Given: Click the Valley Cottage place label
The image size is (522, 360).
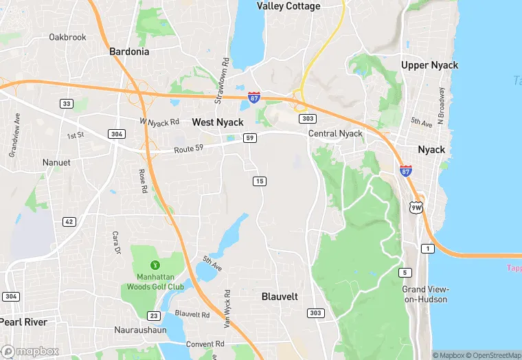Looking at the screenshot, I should tap(288, 6).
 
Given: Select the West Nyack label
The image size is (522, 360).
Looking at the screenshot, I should tap(217, 122).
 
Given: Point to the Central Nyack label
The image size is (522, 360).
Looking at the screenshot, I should tap(335, 133).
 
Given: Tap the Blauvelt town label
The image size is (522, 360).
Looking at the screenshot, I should tap(280, 297).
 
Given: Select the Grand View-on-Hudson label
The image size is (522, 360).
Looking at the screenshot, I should tap(424, 294).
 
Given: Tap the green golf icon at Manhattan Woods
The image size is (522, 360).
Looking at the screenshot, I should tap(155, 265).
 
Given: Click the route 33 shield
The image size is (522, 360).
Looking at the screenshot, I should tap(67, 104).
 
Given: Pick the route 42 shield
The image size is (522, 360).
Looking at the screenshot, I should tap(69, 221).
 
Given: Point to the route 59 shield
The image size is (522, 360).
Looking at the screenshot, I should tap(250, 138).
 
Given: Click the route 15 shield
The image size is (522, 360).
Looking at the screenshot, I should tap(260, 181).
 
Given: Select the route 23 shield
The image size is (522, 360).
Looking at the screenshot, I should tap(154, 316).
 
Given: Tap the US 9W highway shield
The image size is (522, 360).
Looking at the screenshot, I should tap(416, 207).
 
